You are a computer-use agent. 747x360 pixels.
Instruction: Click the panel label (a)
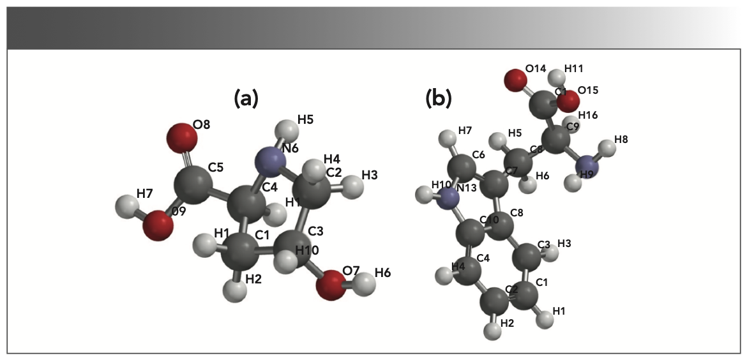coord(246,98)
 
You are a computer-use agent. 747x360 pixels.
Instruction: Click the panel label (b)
coord(439,98)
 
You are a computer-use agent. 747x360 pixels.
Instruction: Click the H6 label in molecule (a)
coord(382,273)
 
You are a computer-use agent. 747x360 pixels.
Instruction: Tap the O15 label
coord(587,91)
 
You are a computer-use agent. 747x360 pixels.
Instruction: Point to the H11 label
coord(573,68)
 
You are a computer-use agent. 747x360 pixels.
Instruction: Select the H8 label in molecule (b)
coord(621,139)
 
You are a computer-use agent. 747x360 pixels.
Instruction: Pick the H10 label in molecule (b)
coord(441,185)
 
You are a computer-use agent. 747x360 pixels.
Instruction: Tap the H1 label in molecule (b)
coord(559,311)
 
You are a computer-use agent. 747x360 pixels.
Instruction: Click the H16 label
coord(589,115)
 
